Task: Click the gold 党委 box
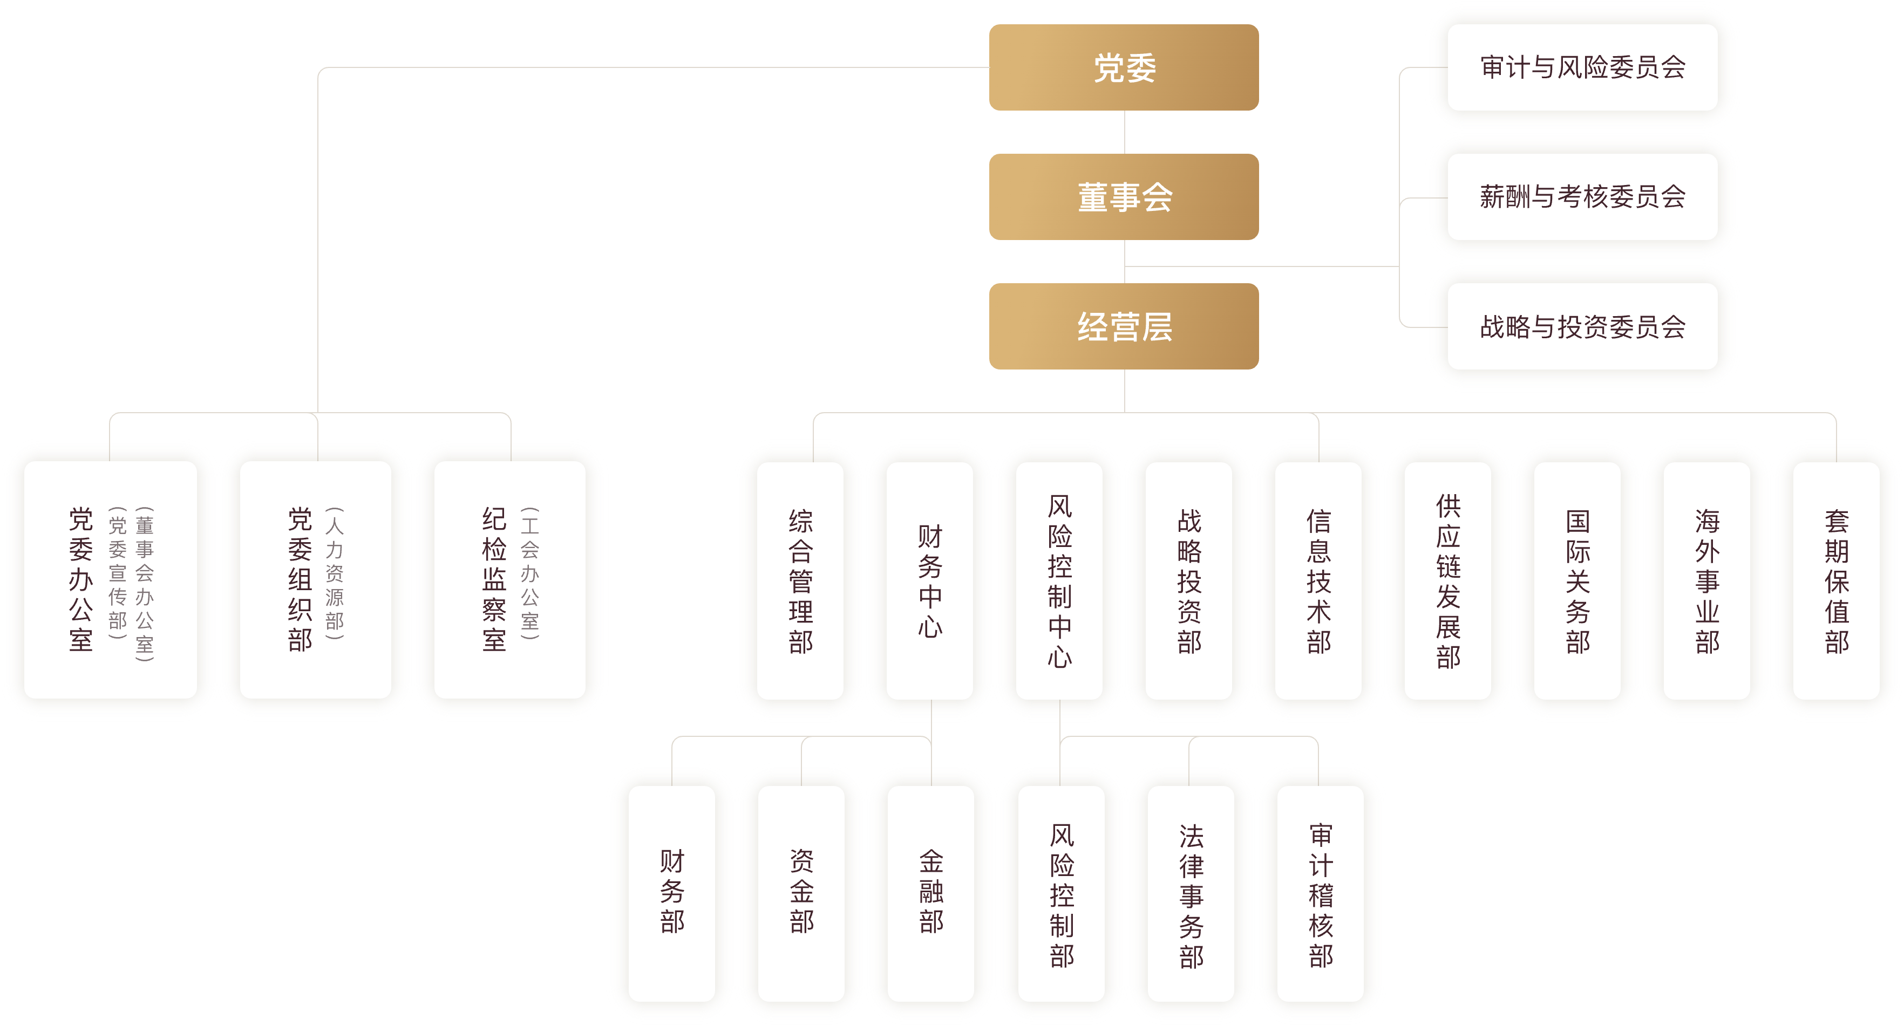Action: tap(1124, 67)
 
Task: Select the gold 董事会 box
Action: tap(1124, 196)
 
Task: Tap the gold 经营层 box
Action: tap(1124, 326)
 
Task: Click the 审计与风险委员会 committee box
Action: tap(1582, 67)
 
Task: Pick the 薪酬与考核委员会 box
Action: tap(1582, 196)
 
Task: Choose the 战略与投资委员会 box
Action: tap(1582, 326)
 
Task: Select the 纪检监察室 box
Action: tap(510, 580)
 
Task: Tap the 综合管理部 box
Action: tap(800, 580)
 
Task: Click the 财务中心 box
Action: tap(930, 580)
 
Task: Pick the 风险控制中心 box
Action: tap(1059, 580)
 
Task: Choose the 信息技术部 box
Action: tap(1318, 580)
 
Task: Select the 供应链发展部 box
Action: tap(1448, 580)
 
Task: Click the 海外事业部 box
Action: tap(1706, 580)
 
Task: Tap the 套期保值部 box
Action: tap(1837, 580)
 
